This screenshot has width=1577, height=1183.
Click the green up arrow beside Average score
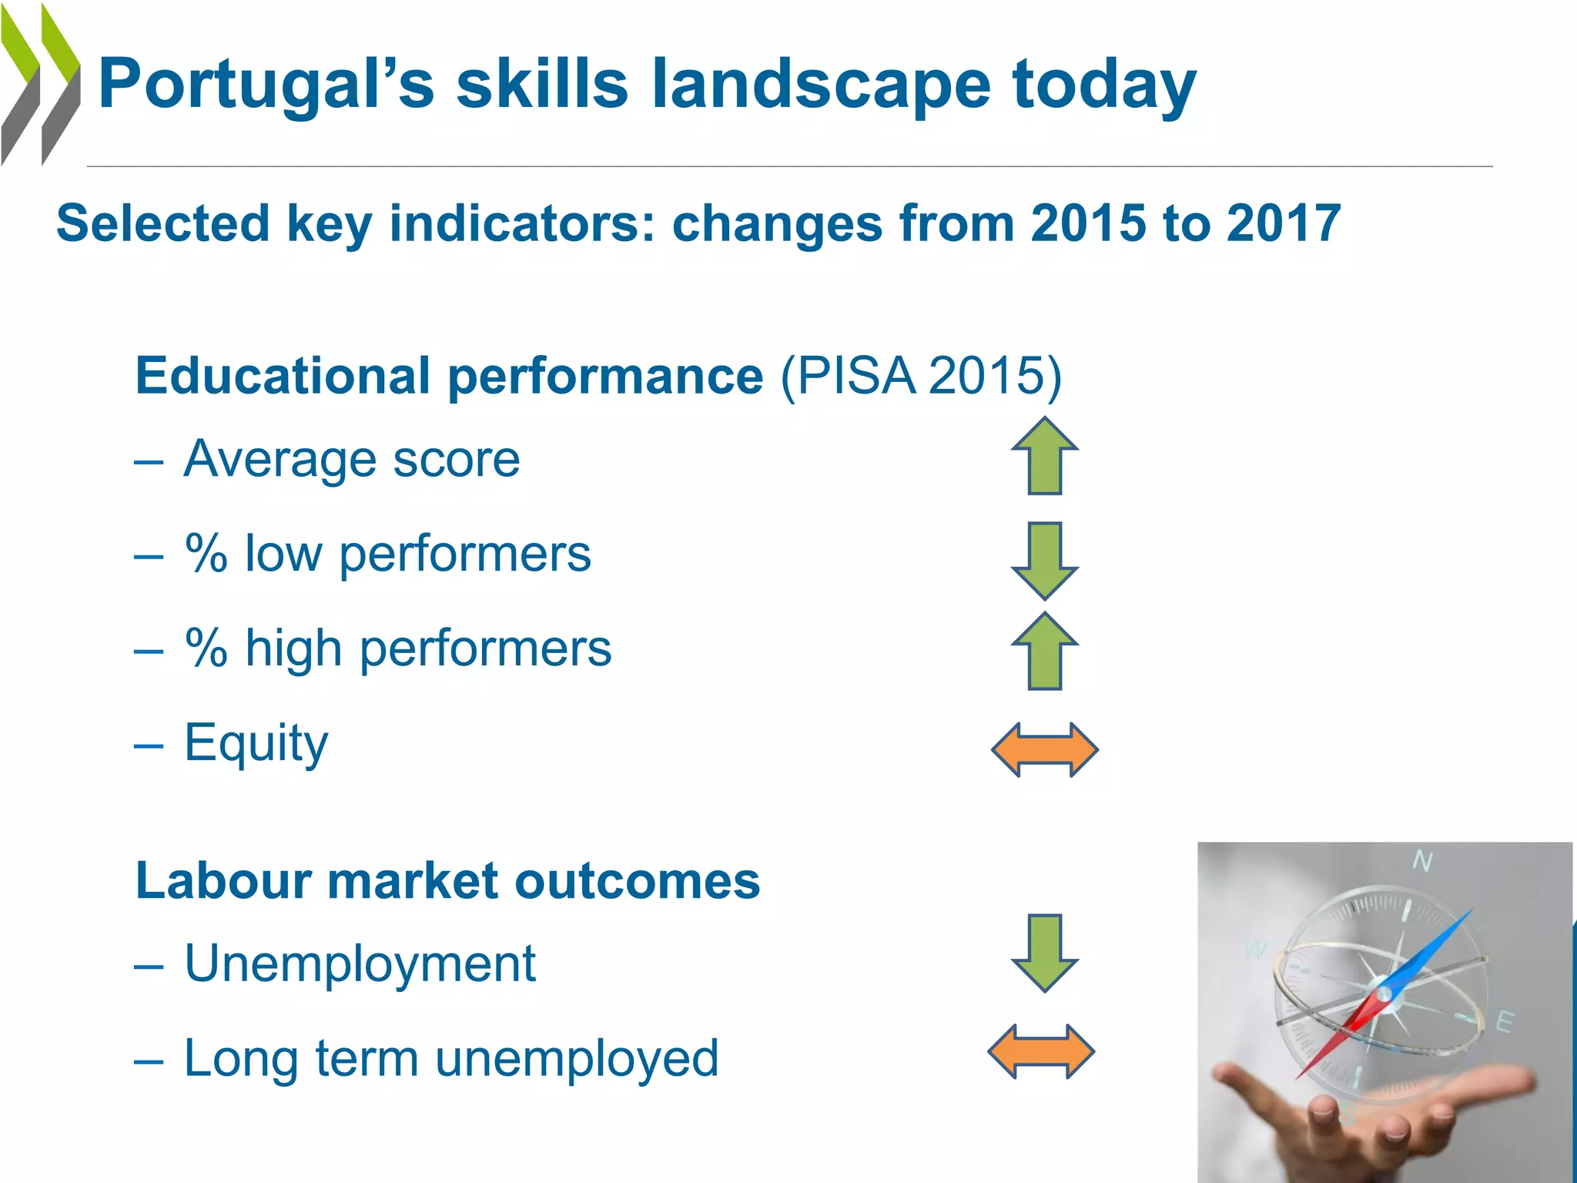click(1045, 456)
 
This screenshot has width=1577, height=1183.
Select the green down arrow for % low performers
click(1045, 561)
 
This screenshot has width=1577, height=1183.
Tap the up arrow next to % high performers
click(1045, 652)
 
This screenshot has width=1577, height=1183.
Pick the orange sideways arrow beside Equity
click(1045, 749)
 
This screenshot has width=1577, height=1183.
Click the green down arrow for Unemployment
click(1045, 953)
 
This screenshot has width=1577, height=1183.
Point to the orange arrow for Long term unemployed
click(1041, 1051)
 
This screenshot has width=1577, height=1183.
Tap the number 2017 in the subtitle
click(1284, 223)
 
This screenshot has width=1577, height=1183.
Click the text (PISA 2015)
click(921, 376)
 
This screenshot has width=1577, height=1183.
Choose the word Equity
click(256, 742)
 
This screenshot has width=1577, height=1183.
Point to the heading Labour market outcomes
click(447, 880)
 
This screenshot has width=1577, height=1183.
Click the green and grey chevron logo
click(40, 85)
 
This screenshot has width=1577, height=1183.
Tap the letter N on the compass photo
click(1422, 861)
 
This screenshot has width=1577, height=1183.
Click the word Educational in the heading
click(282, 376)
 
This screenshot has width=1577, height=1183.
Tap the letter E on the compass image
click(1504, 1023)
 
